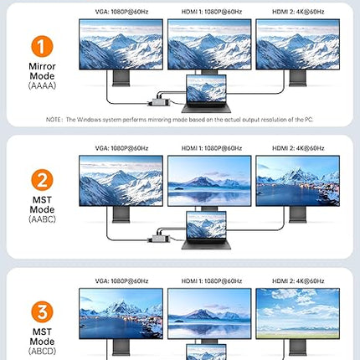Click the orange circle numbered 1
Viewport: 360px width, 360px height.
(42, 46)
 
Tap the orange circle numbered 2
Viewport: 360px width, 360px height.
(42, 180)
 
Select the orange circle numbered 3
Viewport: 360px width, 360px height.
(42, 311)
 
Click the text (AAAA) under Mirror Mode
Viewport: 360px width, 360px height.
(42, 85)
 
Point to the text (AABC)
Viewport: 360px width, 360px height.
(42, 219)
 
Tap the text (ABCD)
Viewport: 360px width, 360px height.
(42, 351)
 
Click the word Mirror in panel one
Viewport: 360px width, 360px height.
(42, 66)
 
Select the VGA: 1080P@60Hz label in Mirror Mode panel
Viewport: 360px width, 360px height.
(121, 12)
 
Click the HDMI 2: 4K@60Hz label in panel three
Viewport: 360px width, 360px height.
(298, 281)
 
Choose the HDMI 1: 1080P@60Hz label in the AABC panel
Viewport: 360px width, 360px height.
(212, 148)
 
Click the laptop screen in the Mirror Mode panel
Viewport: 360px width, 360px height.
(206, 89)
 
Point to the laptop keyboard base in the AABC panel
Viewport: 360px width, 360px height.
(206, 244)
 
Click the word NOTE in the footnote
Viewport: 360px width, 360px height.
(53, 120)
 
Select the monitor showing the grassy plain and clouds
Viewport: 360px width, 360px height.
(298, 314)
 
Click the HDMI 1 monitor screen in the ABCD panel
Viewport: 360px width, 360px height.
(209, 314)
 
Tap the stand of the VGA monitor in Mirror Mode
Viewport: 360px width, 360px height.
(121, 78)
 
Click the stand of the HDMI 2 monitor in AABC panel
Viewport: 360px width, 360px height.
(298, 214)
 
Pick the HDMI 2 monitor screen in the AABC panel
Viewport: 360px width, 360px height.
(298, 181)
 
